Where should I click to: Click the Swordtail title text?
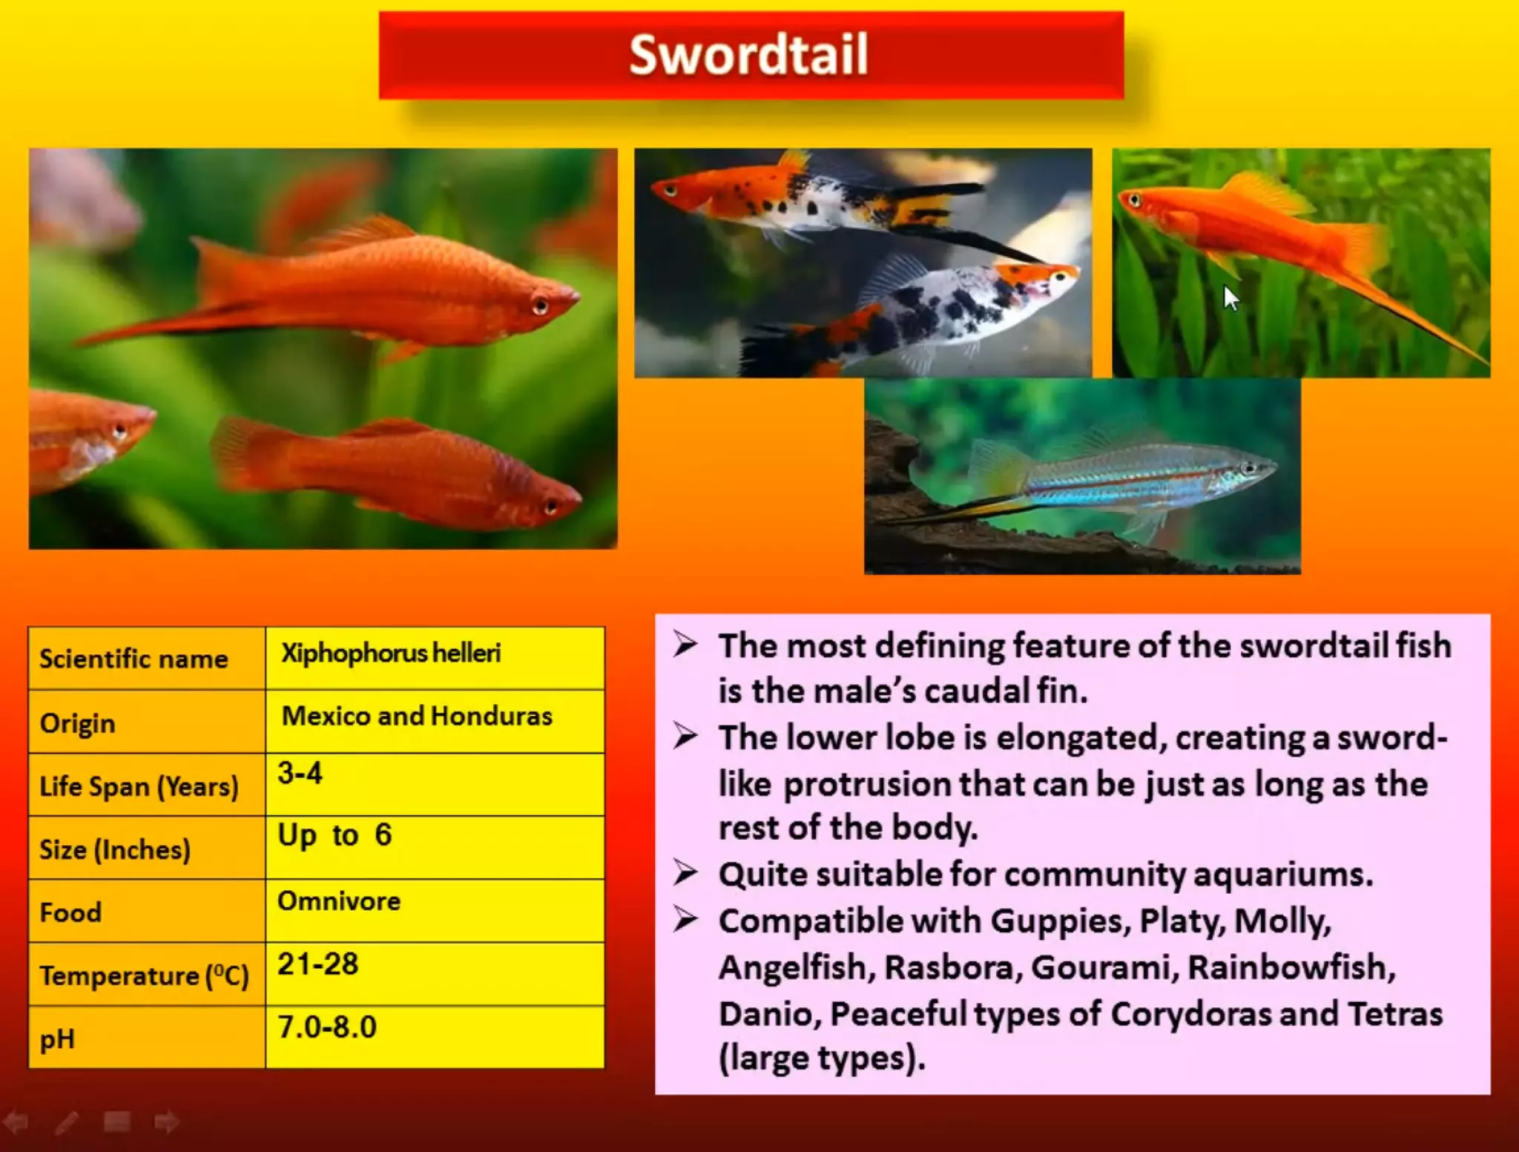coord(748,55)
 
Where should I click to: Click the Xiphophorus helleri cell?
coord(391,654)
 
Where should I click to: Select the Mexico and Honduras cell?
coord(417,717)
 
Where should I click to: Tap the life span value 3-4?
coord(300,774)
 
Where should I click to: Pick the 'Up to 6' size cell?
coord(335,836)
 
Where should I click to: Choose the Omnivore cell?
coord(339,901)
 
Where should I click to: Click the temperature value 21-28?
coord(318,964)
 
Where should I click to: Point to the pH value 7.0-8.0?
coord(327,1027)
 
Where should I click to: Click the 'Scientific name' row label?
coord(134,659)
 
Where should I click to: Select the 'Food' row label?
coord(70,912)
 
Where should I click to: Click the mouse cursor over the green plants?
coord(1230,298)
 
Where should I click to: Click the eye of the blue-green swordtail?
coord(1249,468)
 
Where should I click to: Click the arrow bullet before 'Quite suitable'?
coord(685,873)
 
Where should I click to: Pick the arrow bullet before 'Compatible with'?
coord(685,920)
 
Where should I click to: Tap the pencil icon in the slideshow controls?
coord(67,1122)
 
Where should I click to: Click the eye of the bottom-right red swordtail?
coord(551,507)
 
